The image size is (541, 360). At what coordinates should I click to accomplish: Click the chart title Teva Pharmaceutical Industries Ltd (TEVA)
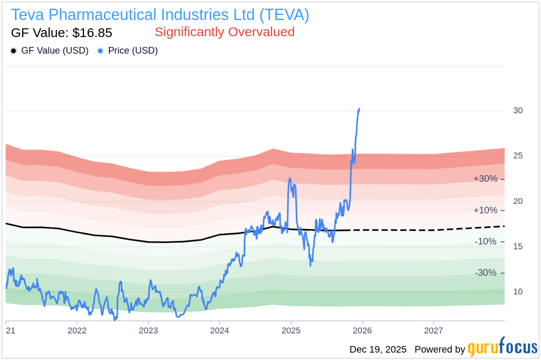coord(160,15)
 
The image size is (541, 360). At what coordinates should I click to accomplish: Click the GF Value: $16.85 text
coord(61,33)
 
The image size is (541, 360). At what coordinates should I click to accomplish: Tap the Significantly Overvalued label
coord(224,32)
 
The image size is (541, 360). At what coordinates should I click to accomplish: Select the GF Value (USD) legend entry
coord(50,51)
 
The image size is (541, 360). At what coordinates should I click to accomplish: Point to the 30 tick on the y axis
coord(517,111)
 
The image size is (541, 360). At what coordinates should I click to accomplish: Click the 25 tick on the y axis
coord(517,156)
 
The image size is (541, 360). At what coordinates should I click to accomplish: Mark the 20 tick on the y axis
coord(517,201)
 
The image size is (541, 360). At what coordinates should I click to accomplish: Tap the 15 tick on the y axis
coord(517,247)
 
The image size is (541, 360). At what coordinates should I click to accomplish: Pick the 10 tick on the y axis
coord(517,292)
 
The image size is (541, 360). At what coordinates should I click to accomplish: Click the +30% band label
coord(485,179)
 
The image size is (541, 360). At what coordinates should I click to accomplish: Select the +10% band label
coord(485,211)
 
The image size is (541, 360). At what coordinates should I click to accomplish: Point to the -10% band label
coord(485,241)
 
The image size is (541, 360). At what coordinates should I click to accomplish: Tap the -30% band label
coord(485,273)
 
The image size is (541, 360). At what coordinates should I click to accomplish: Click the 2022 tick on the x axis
coord(77,330)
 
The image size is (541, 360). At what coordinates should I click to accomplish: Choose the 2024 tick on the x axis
coord(220,330)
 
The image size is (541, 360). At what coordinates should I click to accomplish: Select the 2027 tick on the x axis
coord(433,330)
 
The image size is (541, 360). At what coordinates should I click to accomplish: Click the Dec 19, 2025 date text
coord(378,350)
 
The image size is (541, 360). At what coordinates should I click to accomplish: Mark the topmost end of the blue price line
coord(359,109)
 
